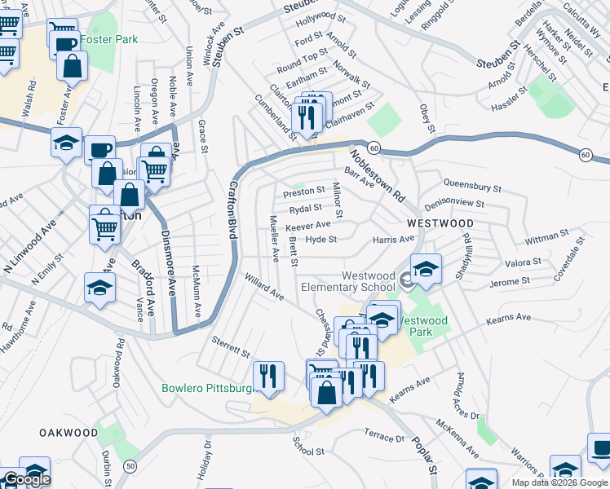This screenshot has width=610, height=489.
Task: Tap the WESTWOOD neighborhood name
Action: pos(440,222)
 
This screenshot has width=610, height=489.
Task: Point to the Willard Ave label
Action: pos(263,287)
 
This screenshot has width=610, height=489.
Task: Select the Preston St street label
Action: pos(304,191)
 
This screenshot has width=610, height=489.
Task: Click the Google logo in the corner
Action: pos(26,479)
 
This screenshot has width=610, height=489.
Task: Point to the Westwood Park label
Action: pos(426,326)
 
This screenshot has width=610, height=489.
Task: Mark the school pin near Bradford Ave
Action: pos(99,288)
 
